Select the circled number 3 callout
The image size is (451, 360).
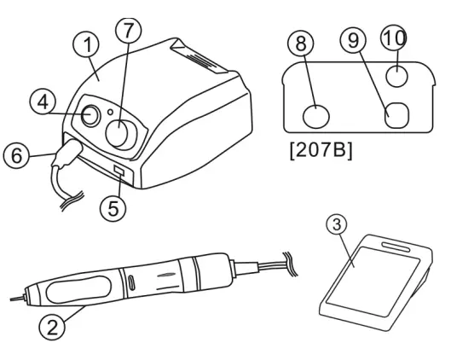coord(338,224)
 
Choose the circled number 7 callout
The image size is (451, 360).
coord(128,31)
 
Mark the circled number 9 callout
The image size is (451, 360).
coord(353,40)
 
